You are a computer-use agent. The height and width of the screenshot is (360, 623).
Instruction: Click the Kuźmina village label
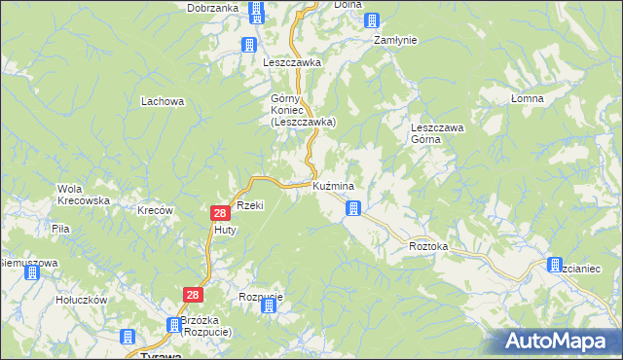click(333, 185)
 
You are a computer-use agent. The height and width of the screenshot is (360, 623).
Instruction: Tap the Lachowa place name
click(163, 100)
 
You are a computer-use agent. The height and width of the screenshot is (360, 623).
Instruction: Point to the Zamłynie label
click(396, 40)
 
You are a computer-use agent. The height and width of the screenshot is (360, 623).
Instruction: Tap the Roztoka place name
click(428, 247)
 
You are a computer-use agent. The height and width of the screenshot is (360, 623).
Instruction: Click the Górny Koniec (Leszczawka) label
click(303, 110)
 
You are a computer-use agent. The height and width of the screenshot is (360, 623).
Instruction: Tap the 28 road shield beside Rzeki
click(220, 213)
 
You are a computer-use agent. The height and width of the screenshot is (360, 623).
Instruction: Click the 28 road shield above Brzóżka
click(192, 294)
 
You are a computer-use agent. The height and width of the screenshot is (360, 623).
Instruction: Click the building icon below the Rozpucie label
click(268, 306)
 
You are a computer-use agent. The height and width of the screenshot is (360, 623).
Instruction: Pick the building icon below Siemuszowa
click(31, 273)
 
